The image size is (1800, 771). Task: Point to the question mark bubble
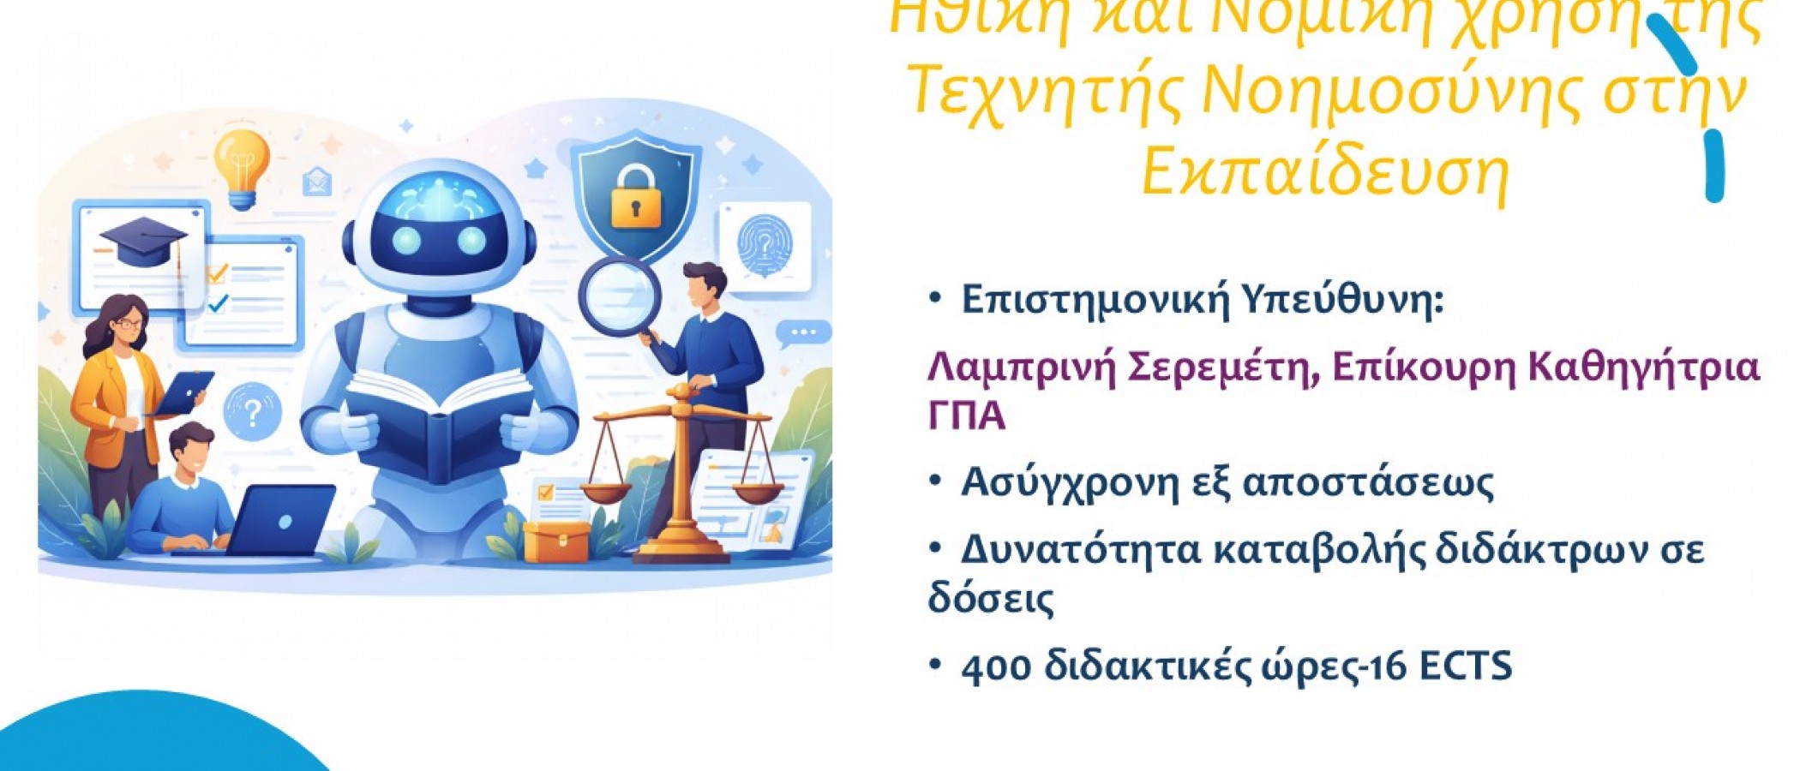tap(252, 413)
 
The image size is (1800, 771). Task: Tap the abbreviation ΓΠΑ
tap(966, 416)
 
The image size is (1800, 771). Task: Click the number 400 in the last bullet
tap(995, 666)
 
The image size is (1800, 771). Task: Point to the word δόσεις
tap(990, 598)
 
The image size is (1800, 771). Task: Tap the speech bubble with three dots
tap(802, 332)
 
